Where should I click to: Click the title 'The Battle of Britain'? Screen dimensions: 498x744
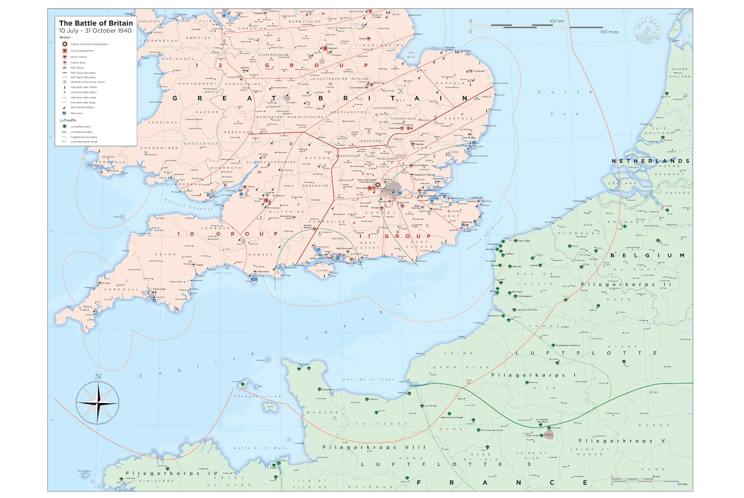[x=96, y=23]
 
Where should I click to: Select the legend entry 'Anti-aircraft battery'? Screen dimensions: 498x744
[x=82, y=107]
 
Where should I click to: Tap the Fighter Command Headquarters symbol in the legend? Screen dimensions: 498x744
[x=65, y=44]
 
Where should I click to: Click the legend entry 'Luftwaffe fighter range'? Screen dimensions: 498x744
[x=84, y=141]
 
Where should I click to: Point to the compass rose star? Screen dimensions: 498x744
[x=98, y=403]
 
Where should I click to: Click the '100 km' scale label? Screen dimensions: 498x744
[x=557, y=21]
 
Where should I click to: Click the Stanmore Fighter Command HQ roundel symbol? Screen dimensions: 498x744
[x=378, y=185]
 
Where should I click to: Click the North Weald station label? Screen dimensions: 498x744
[x=420, y=165]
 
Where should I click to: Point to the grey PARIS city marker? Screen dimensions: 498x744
[x=549, y=435]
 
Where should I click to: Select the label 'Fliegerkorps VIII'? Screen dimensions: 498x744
[x=374, y=447]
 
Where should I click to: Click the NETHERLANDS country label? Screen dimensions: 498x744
[x=650, y=161]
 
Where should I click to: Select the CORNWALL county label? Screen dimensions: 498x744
[x=121, y=290]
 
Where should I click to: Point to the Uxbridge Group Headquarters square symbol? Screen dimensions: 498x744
[x=370, y=188]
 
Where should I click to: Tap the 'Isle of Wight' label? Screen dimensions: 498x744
[x=322, y=271]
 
